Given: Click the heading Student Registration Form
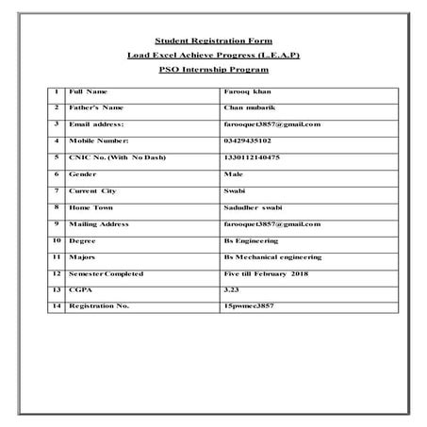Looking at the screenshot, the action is (213, 41).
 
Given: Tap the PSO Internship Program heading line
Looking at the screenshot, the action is (213, 71).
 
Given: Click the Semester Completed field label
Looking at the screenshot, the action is (107, 273).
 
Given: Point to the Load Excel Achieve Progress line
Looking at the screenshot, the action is (213, 56).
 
